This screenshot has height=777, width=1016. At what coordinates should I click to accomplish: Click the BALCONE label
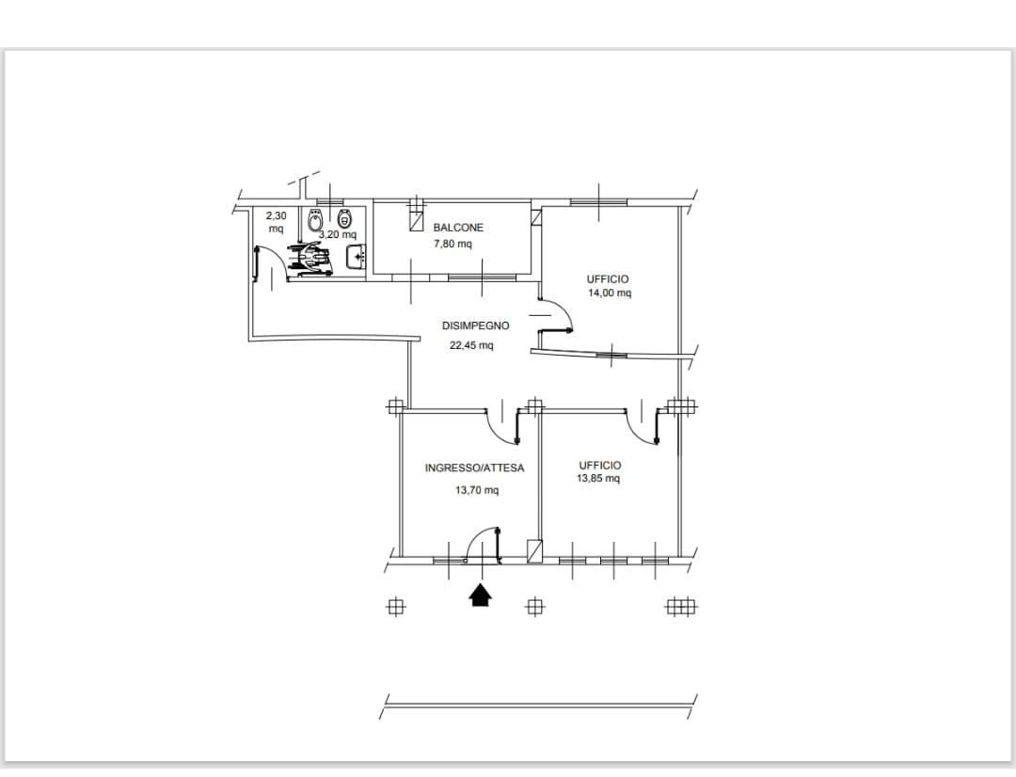pos(458,228)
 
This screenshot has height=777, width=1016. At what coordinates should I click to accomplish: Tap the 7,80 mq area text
pos(452,244)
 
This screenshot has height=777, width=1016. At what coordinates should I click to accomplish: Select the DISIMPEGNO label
pos(476,326)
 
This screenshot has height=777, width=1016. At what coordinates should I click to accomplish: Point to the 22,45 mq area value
pos(471,344)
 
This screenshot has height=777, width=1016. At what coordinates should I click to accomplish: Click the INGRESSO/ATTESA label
pos(474,468)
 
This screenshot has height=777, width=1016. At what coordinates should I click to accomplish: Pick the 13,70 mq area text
pos(477,490)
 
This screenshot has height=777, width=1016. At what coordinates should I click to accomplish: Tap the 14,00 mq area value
pos(609,293)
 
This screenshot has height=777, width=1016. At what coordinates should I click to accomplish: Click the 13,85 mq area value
pos(598,479)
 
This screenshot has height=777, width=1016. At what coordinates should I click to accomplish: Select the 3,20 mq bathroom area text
pos(338,234)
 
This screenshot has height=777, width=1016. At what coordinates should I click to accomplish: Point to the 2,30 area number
pos(276,215)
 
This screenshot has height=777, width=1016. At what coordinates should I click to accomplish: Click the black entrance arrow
pos(480,595)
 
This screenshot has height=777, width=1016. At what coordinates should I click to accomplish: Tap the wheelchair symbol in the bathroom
pos(311,259)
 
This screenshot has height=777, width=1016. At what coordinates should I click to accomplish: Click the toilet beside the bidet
pos(344,217)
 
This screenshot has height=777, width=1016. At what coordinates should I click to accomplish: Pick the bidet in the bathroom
pos(315,220)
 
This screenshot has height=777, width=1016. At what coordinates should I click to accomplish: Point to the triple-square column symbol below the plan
pos(682,608)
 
